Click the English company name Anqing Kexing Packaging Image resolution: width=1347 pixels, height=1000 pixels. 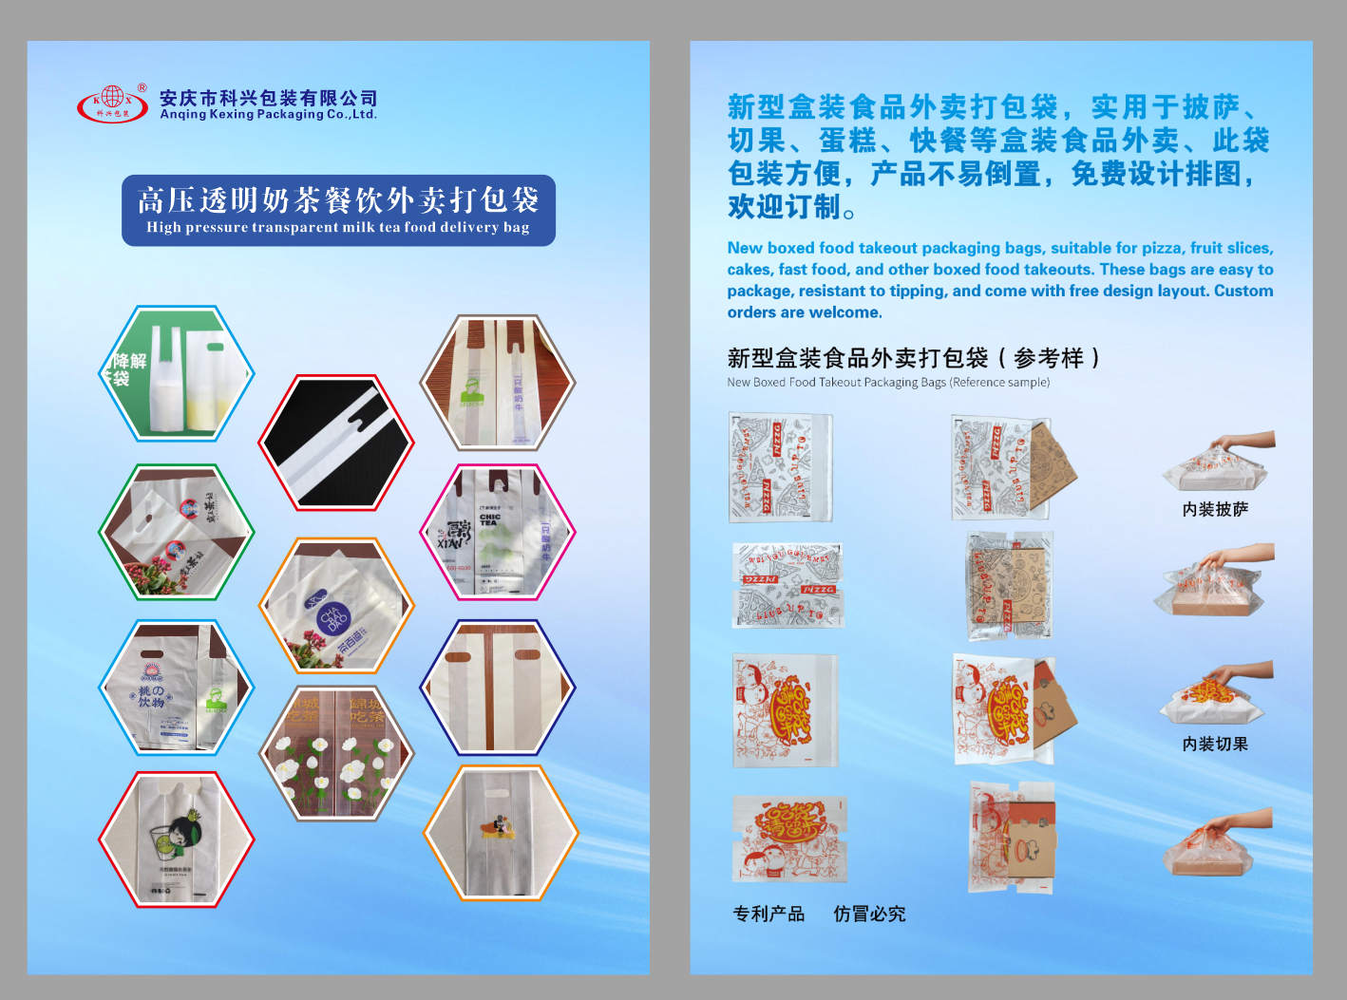pyautogui.click(x=268, y=114)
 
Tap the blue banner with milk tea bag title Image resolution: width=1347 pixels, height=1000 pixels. pyautogui.click(x=338, y=210)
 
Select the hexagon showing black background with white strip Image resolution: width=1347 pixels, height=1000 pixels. pyautogui.click(x=336, y=443)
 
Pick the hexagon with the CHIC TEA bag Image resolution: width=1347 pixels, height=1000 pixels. pyautogui.click(x=498, y=532)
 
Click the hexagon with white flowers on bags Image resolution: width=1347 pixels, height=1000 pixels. pyautogui.click(x=336, y=753)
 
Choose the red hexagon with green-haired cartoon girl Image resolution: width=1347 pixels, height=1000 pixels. pyautogui.click(x=177, y=840)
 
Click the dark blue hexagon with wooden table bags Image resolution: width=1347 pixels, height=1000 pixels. pyautogui.click(x=498, y=687)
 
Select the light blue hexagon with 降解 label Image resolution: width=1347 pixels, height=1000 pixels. pyautogui.click(x=177, y=373)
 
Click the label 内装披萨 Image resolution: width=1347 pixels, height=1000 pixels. pyautogui.click(x=1215, y=510)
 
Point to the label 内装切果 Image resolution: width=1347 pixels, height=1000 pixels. pyautogui.click(x=1215, y=745)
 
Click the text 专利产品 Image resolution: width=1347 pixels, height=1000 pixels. pyautogui.click(x=768, y=914)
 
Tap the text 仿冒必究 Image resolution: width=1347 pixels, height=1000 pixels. pyautogui.click(x=869, y=914)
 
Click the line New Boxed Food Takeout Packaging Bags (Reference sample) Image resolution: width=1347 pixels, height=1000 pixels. pyautogui.click(x=888, y=383)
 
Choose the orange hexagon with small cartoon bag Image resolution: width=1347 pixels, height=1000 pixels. pyautogui.click(x=501, y=833)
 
